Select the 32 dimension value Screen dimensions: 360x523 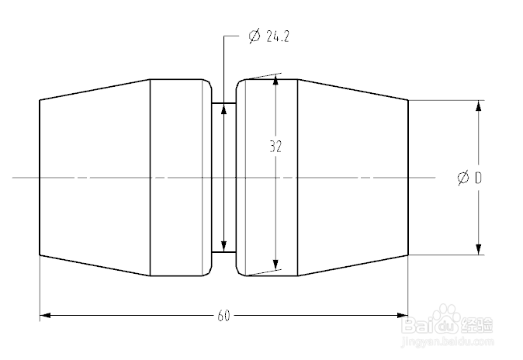[275, 145]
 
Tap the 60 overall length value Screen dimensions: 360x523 [223, 316]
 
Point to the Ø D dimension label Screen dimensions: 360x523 [470, 178]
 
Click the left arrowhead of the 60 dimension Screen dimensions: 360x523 [45, 316]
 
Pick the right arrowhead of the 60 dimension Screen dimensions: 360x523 [402, 316]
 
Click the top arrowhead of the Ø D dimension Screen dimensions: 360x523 [479, 106]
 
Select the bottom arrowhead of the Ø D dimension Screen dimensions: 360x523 [479, 248]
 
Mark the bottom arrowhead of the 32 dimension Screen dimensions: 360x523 [276, 268]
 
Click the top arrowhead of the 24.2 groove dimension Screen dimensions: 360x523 [223, 109]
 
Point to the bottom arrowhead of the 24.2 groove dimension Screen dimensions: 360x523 [223, 246]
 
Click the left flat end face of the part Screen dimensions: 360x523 [40, 178]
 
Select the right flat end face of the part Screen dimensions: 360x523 [408, 178]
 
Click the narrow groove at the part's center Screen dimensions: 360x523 [223, 178]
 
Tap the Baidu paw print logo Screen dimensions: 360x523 [451, 321]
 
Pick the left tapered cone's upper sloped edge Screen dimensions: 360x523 [94, 88]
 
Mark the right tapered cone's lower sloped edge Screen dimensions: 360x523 [353, 265]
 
